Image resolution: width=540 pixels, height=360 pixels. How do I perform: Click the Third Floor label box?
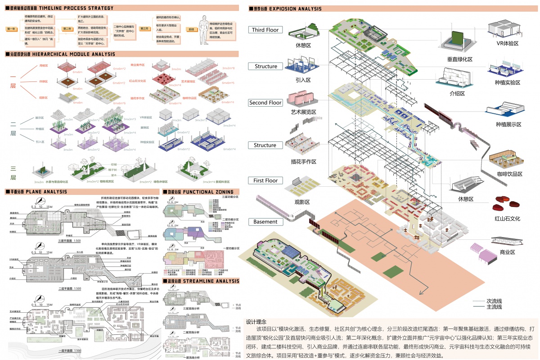pyautogui.click(x=265, y=30)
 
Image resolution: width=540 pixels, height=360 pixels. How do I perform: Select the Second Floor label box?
pyautogui.click(x=265, y=103)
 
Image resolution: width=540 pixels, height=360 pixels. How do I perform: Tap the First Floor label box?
pyautogui.click(x=265, y=180)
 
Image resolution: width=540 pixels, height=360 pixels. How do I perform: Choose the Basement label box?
pyautogui.click(x=265, y=222)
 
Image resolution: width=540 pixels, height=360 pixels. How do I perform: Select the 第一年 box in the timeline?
pyautogui.click(x=12, y=29)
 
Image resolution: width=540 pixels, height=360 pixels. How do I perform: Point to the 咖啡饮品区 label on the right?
pyautogui.click(x=508, y=174)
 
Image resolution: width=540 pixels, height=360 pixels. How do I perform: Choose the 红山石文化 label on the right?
pyautogui.click(x=508, y=219)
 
